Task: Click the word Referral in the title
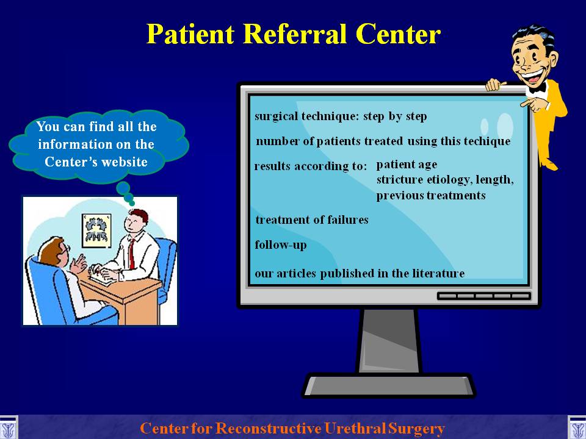[x=295, y=34]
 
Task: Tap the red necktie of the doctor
[x=131, y=254]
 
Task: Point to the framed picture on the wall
[x=96, y=230]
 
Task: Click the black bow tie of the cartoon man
[x=537, y=88]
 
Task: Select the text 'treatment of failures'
[x=312, y=220]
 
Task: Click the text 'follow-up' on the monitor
[x=280, y=245]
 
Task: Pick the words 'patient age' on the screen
[x=407, y=165]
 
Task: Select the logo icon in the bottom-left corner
[x=9, y=427]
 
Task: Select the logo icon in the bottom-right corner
[x=577, y=427]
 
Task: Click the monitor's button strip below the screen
[x=484, y=296]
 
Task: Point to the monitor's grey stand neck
[x=389, y=340]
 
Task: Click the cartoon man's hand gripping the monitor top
[x=495, y=85]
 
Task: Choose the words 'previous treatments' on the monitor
[x=431, y=196]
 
